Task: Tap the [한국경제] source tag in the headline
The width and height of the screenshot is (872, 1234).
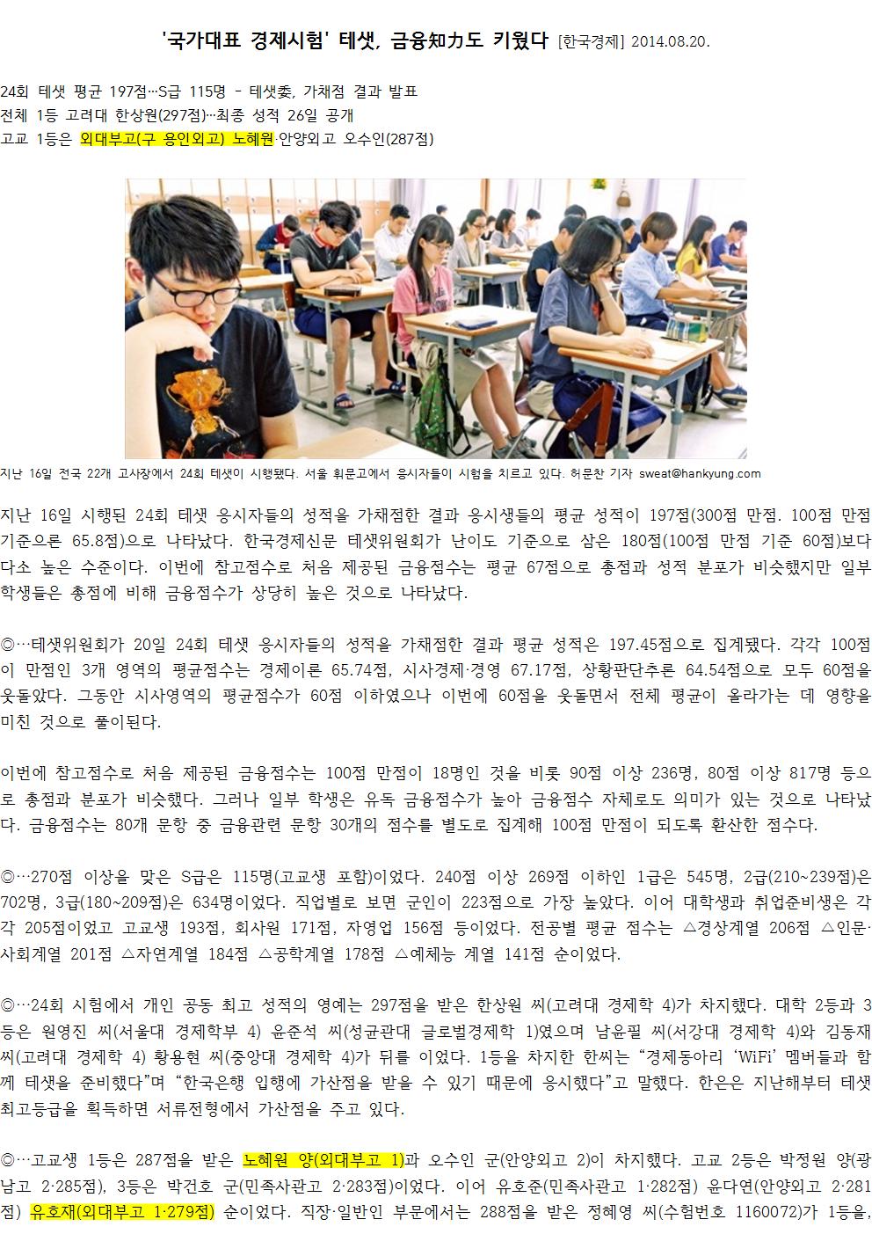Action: tap(592, 42)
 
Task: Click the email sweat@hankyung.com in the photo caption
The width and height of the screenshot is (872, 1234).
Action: tap(700, 474)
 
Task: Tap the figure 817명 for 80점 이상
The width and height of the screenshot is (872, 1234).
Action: tap(802, 773)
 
